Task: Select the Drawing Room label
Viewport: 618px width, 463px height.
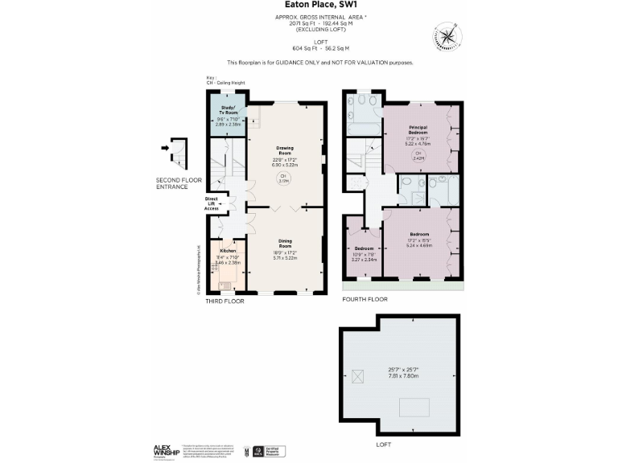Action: (285, 150)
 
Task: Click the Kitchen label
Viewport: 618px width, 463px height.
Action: (227, 251)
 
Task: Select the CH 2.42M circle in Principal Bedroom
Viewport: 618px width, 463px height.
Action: (417, 156)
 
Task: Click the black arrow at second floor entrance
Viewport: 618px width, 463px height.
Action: (166, 148)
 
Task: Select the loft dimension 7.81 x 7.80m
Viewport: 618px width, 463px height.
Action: (402, 375)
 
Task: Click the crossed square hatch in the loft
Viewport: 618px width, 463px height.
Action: (358, 375)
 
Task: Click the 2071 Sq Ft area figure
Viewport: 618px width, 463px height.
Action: (302, 23)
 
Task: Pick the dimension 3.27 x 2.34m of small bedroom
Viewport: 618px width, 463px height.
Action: (364, 260)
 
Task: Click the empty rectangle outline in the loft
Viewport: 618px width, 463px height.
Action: (416, 405)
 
